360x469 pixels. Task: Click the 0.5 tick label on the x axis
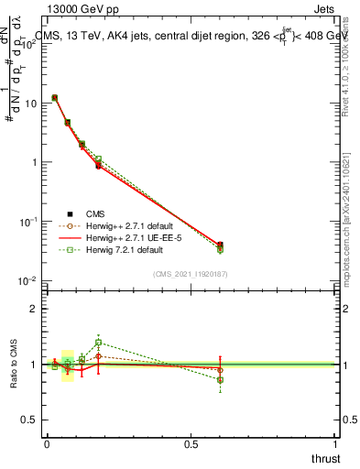[191, 444]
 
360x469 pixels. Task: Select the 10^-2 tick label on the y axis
[30, 280]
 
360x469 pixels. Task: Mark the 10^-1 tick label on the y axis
[30, 222]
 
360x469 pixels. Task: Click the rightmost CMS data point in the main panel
[220, 245]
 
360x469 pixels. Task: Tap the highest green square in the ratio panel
[98, 343]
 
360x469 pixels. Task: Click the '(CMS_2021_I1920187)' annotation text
[190, 273]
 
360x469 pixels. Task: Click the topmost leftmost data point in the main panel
[55, 97]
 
